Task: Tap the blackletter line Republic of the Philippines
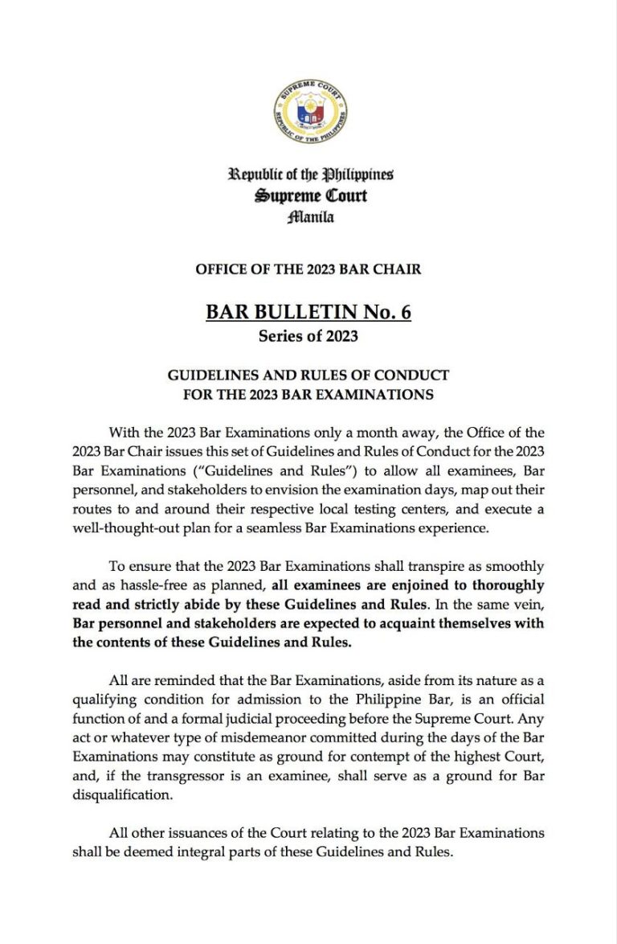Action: coord(311,174)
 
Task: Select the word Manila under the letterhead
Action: coord(310,216)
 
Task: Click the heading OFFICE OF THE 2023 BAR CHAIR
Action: coord(308,269)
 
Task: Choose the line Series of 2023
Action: coord(308,336)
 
